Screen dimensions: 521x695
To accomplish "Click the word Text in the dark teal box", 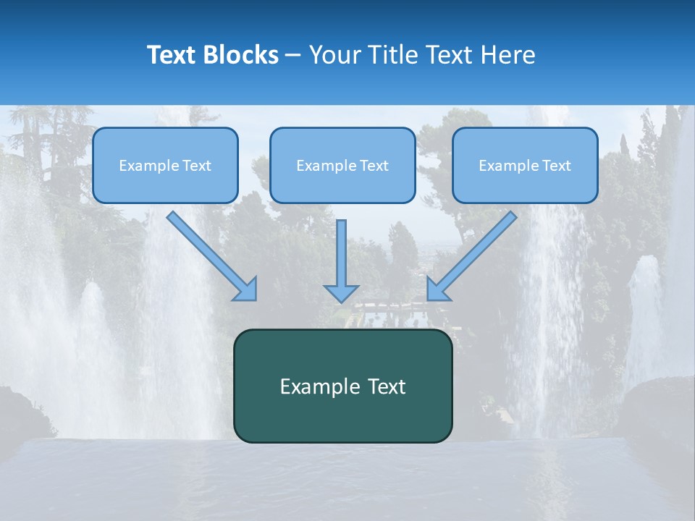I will click(386, 386).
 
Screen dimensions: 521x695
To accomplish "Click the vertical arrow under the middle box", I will click(341, 253).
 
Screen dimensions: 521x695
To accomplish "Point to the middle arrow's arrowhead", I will click(341, 293).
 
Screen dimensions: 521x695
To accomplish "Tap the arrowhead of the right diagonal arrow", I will click(437, 289).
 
